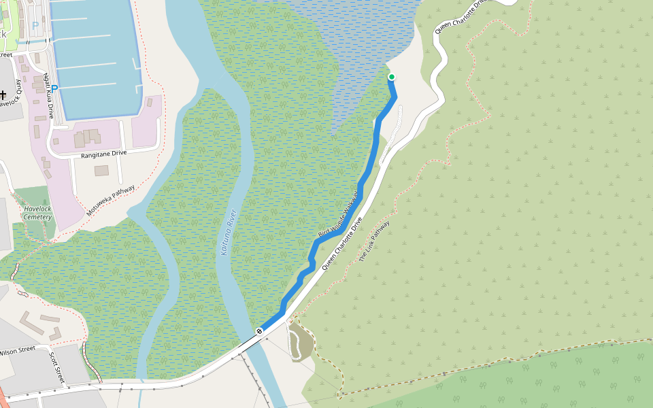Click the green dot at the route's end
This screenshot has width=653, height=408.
pyautogui.click(x=392, y=77)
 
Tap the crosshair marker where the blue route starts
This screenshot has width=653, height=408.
pyautogui.click(x=259, y=331)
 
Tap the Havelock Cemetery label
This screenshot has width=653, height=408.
pyautogui.click(x=38, y=213)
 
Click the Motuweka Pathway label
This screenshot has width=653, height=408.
pyautogui.click(x=110, y=202)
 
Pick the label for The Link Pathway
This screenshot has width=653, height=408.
pyautogui.click(x=374, y=241)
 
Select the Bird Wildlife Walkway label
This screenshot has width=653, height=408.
pyautogui.click(x=338, y=217)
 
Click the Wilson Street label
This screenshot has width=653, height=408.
pyautogui.click(x=18, y=352)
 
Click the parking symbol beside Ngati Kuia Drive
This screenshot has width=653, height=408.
pyautogui.click(x=54, y=88)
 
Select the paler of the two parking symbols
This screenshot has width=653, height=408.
pyautogui.click(x=35, y=26)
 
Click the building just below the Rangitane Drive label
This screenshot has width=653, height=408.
pyautogui.click(x=101, y=171)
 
